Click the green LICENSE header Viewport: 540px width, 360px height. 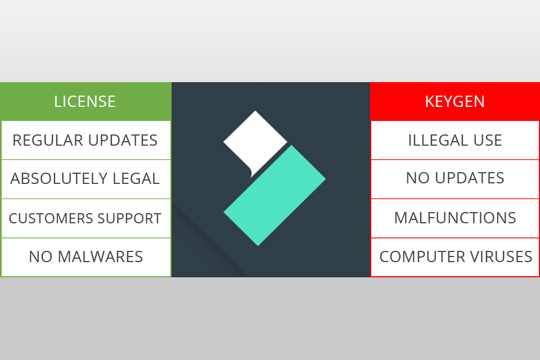[x=85, y=101]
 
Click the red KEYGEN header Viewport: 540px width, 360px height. [x=454, y=101]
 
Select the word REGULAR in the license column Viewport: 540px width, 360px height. [x=47, y=140]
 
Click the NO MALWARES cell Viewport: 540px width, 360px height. [x=85, y=257]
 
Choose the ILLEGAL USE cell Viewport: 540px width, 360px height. [x=454, y=140]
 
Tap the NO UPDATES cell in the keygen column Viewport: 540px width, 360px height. [x=454, y=178]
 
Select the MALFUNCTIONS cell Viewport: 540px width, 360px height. [x=454, y=218]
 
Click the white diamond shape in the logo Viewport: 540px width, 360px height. [x=255, y=141]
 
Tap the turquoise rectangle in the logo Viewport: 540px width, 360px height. [x=275, y=195]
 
